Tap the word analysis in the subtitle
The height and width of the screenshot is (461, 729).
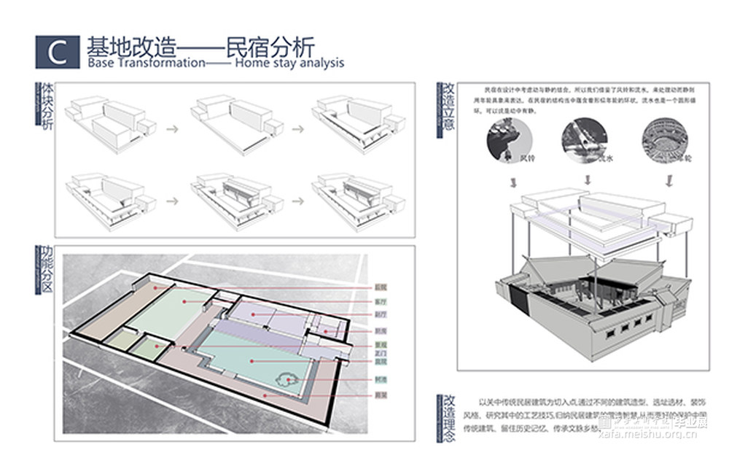[x=319, y=63]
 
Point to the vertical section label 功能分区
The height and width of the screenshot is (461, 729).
[x=44, y=271]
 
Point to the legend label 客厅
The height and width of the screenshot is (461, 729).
[x=380, y=301]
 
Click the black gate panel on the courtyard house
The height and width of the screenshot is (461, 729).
[x=516, y=299]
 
